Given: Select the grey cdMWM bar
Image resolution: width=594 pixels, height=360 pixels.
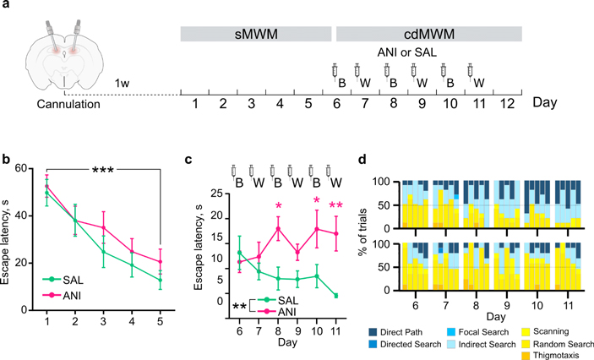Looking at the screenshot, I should (428, 35).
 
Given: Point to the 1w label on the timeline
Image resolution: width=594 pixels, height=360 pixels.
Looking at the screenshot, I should (123, 84).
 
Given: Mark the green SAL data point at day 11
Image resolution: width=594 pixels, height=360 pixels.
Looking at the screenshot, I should (337, 295).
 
